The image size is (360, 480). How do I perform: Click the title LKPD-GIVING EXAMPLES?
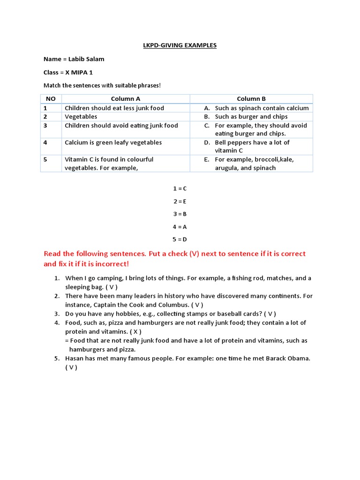(180, 45)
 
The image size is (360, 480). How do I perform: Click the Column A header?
(125, 99)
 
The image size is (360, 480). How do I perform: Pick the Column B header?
(251, 99)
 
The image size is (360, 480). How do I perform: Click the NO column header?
(51, 99)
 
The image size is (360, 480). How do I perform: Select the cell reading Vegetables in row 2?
(81, 117)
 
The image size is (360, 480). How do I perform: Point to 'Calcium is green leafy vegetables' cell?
(113, 142)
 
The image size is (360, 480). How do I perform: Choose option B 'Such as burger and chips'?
(251, 117)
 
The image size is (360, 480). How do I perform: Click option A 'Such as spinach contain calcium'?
(261, 108)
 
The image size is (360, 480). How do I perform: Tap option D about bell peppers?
(252, 146)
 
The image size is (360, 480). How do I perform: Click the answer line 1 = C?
(180, 188)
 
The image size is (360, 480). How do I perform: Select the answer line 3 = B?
(180, 214)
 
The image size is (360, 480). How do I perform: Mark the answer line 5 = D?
(180, 239)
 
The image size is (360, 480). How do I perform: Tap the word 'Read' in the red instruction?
(52, 254)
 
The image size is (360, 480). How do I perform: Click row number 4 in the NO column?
(45, 142)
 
